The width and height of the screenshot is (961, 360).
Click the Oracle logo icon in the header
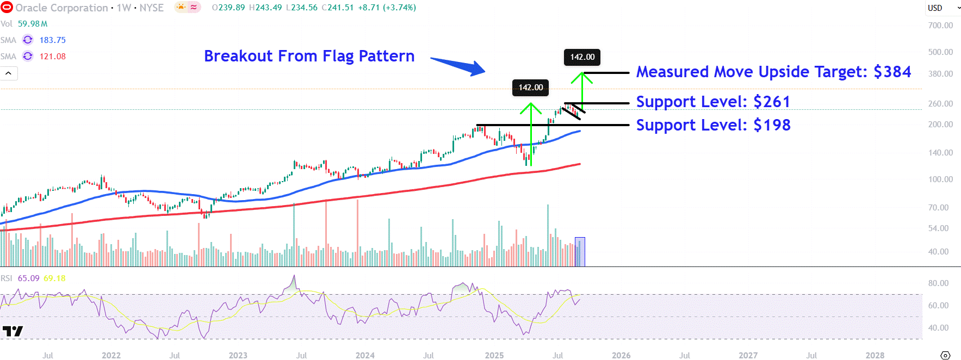pos(7,8)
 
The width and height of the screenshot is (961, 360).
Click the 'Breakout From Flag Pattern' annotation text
pos(309,56)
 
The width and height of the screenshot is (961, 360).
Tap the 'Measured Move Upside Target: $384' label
pos(773,72)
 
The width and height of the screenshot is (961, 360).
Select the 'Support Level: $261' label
pos(713,102)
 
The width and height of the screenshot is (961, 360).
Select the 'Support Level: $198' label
pos(713,125)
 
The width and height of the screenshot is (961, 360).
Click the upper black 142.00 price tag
pos(582,57)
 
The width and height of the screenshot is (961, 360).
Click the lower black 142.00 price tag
pos(530,88)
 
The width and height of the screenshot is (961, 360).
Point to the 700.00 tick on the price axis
pos(940,26)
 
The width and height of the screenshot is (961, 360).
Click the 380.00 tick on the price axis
pos(940,74)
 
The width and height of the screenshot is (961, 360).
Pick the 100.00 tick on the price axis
pos(940,179)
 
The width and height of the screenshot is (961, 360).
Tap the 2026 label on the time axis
pos(621,355)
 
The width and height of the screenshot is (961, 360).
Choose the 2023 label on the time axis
pos(238,355)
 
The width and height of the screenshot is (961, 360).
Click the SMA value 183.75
pos(52,40)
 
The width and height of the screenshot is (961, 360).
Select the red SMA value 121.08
pos(52,57)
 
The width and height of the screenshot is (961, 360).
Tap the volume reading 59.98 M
pos(33,24)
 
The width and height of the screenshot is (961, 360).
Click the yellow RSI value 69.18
pos(54,278)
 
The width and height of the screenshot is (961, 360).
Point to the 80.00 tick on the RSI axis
pos(938,283)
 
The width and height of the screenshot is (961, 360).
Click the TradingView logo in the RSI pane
pos(13,331)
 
